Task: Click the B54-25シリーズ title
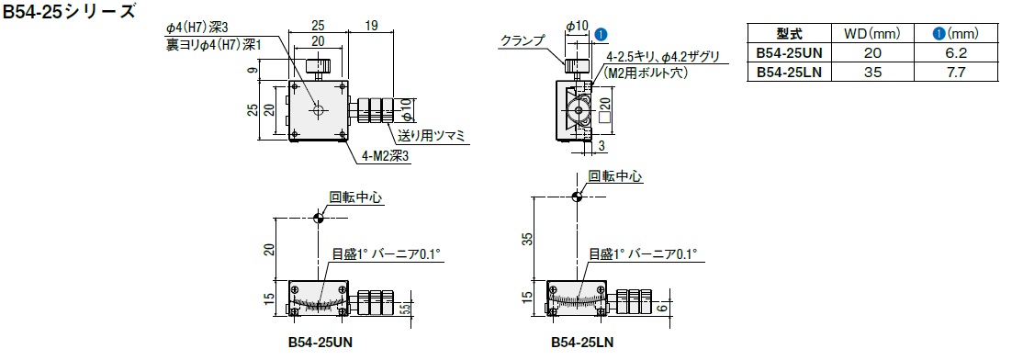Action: pyautogui.click(x=69, y=11)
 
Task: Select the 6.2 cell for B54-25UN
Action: pyautogui.click(x=956, y=52)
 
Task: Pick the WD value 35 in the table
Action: pyautogui.click(x=871, y=73)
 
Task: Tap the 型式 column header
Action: pyautogui.click(x=790, y=33)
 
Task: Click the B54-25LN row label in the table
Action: pyautogui.click(x=790, y=73)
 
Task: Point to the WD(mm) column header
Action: pyautogui.click(x=871, y=33)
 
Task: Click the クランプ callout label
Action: pyautogui.click(x=523, y=41)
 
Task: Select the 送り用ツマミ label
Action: pyautogui.click(x=432, y=136)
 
